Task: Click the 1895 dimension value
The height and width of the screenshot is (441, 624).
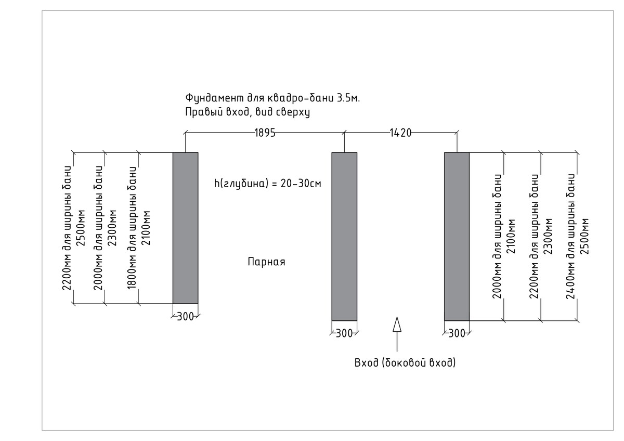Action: point(265,133)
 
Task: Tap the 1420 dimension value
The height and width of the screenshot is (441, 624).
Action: point(400,133)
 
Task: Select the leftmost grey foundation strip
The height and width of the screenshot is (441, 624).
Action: point(186,228)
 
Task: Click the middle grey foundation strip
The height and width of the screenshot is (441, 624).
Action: point(344,237)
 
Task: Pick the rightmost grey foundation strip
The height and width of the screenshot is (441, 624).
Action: point(457,237)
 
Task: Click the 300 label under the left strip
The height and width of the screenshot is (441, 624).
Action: point(185,317)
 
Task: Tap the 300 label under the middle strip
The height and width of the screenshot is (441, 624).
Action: point(344,333)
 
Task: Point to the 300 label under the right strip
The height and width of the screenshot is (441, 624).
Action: point(457,333)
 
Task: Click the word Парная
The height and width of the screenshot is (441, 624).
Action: point(267,262)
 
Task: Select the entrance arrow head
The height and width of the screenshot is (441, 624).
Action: point(397,325)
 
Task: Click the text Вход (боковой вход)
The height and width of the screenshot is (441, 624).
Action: point(405,363)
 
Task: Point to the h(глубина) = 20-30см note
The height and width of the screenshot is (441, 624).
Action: point(268,184)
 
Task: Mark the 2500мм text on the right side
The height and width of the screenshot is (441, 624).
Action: point(584,237)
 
